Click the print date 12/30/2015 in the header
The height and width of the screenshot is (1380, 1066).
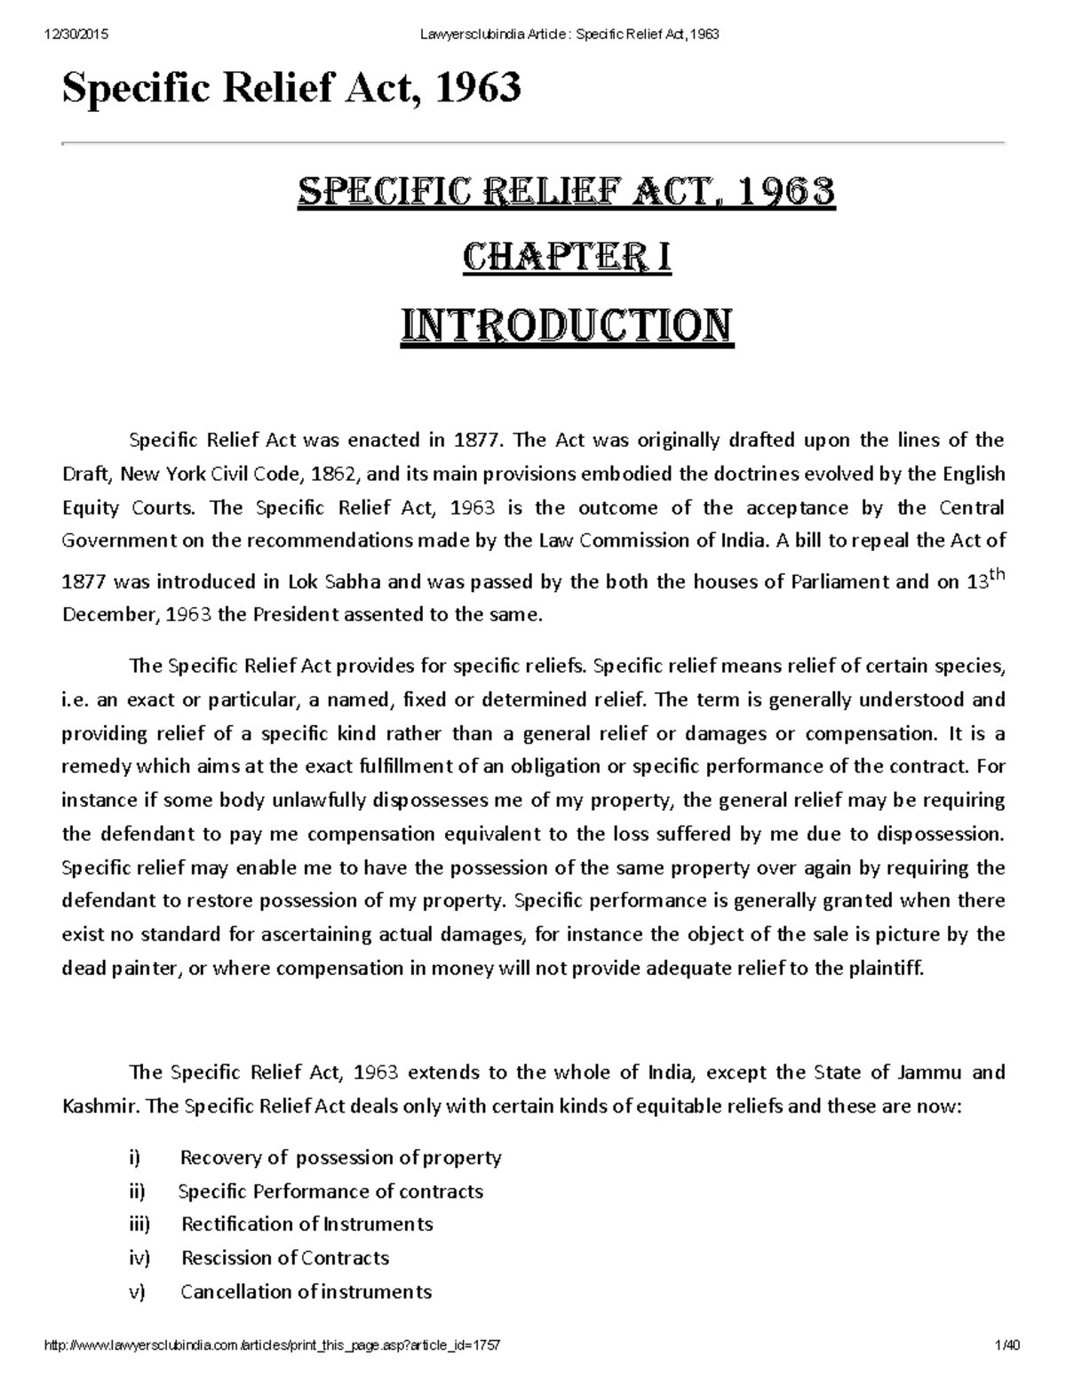(x=74, y=35)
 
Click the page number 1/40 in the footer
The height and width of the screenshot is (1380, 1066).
(x=1007, y=1346)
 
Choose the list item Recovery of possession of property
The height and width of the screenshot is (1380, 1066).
(x=340, y=1157)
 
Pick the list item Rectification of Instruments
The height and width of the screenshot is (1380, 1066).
(x=306, y=1224)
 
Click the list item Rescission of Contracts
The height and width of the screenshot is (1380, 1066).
(x=285, y=1258)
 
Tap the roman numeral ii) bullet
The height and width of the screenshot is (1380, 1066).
(x=137, y=1191)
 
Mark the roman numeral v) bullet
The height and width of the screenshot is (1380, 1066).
(x=136, y=1292)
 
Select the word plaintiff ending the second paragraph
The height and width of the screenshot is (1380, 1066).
(x=885, y=969)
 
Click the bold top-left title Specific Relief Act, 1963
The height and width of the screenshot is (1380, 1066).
(x=290, y=88)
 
